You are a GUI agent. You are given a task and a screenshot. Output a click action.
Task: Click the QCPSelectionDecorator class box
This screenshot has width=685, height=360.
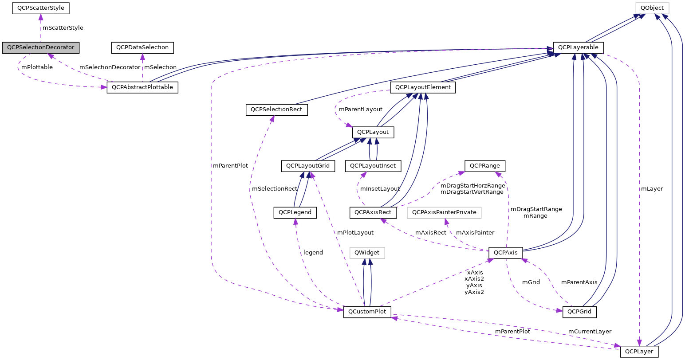[x=40, y=47]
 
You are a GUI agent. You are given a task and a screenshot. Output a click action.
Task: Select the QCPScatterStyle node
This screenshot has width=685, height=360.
[x=40, y=8]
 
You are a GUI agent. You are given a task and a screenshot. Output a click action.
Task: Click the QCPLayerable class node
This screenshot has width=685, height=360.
[x=578, y=47]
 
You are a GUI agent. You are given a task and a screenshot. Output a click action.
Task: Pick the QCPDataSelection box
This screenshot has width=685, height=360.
[x=142, y=47]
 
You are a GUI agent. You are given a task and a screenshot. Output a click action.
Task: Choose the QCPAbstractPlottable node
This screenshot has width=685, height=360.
[x=142, y=87]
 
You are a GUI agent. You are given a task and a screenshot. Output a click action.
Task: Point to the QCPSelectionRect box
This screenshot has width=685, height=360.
[x=276, y=110]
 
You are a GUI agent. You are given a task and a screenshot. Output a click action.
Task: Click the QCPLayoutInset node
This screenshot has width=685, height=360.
[x=375, y=166]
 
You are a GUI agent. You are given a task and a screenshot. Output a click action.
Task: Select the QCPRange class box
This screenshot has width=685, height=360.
[x=484, y=166]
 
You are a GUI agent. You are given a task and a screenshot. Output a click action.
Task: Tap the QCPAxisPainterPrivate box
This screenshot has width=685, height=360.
[x=444, y=212]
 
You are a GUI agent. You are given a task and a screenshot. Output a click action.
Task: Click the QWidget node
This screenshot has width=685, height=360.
[x=367, y=253]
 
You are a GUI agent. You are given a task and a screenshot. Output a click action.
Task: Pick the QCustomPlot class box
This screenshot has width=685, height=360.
[x=367, y=312]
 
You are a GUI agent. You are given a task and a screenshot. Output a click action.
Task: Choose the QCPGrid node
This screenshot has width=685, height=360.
[x=579, y=312]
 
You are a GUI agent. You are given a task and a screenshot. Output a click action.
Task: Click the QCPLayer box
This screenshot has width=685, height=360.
[x=639, y=352]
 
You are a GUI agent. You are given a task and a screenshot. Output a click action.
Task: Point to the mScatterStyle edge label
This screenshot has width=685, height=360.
[x=63, y=27]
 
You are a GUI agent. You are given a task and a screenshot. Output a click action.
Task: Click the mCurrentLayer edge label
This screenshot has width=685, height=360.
[x=590, y=331]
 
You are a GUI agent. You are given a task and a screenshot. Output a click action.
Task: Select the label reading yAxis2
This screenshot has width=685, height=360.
[x=474, y=292]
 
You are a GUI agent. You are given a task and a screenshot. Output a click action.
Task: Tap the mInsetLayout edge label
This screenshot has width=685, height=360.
[x=380, y=188]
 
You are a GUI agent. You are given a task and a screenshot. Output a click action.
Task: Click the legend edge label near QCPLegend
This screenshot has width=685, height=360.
[x=313, y=252]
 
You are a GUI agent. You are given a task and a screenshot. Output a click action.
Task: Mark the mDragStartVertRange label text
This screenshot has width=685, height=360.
[x=472, y=192]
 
